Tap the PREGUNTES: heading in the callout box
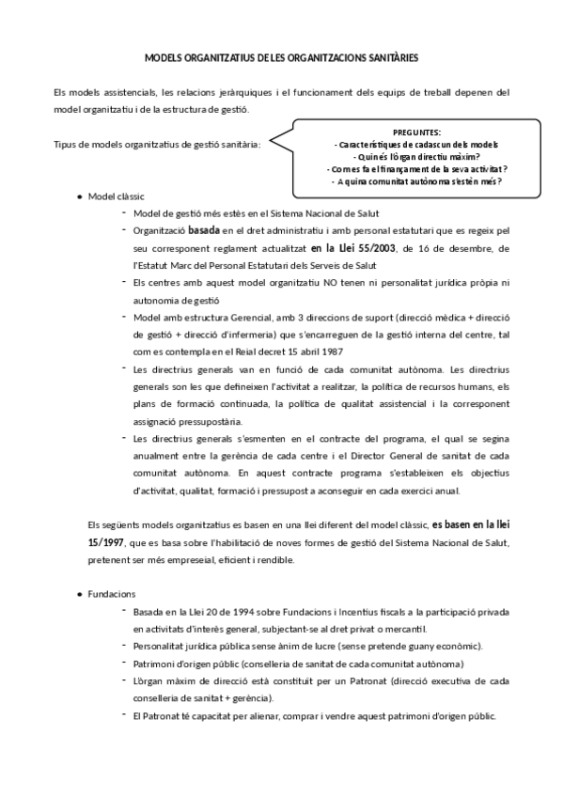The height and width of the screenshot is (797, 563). point(415,132)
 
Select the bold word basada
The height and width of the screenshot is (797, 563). point(206,229)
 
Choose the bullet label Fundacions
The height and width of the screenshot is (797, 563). point(112,595)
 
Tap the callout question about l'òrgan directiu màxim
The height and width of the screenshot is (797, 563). point(415,156)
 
